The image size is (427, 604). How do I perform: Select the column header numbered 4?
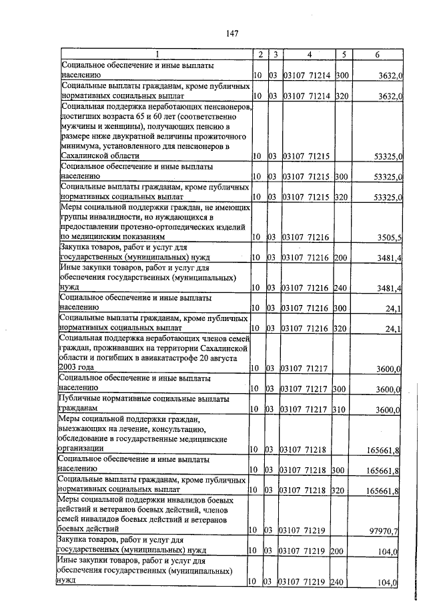(310, 54)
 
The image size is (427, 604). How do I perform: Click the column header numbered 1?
(157, 54)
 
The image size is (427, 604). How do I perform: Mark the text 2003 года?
(77, 368)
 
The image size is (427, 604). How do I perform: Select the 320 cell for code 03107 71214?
(342, 97)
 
